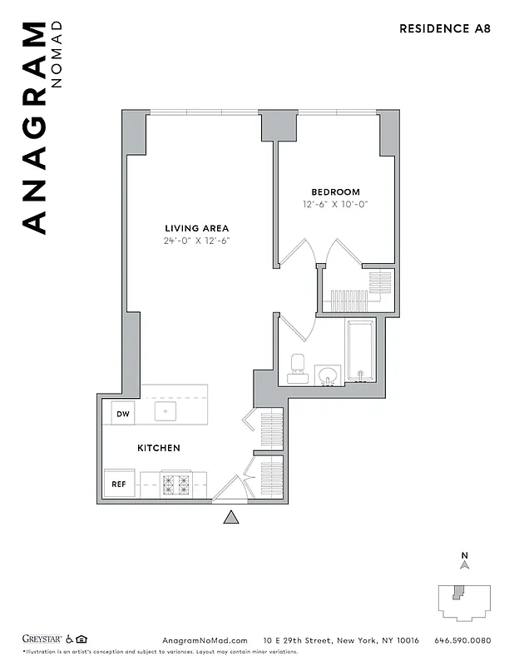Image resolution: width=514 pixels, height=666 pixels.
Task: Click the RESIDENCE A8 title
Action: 445,28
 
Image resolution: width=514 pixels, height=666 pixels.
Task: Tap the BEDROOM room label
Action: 335,191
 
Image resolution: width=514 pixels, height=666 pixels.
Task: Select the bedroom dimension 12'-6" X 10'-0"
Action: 335,204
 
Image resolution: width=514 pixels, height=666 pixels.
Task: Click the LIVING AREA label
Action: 196,228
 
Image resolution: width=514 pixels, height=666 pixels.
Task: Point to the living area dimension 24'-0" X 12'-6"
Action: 196,241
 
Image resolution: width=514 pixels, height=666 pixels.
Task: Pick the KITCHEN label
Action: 158,448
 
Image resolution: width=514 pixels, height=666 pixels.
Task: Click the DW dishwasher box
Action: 122,413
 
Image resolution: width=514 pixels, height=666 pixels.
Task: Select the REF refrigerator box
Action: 118,484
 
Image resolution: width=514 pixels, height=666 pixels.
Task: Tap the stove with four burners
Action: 175,484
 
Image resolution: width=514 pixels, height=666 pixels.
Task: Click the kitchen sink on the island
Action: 165,411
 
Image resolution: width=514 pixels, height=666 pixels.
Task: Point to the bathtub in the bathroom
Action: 360,350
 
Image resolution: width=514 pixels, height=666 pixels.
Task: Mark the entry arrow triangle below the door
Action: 231,518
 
